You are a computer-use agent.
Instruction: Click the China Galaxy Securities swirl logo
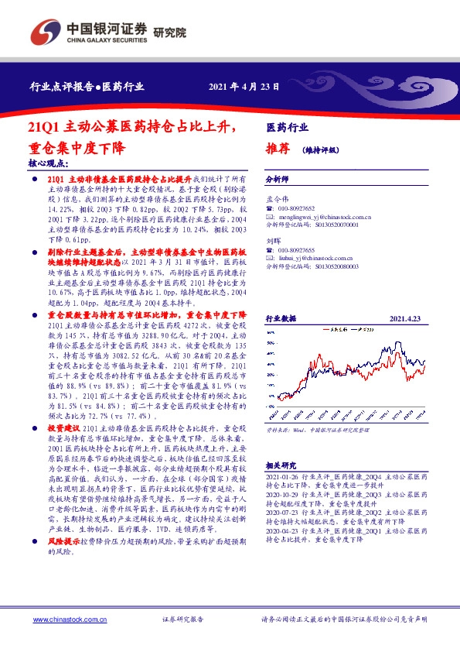(x=45, y=33)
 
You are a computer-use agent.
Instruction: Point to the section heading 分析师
(x=277, y=178)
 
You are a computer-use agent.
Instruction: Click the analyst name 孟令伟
(x=277, y=199)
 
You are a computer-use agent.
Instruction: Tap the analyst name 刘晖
(x=274, y=241)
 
